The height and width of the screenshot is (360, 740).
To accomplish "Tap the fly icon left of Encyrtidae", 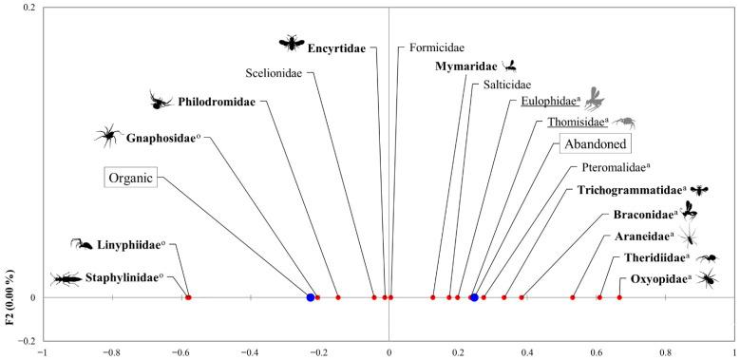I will tap(290, 42).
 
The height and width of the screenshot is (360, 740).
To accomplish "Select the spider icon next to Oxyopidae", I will tap(707, 277).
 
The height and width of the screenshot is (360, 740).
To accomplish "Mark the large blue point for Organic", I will tap(311, 297).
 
